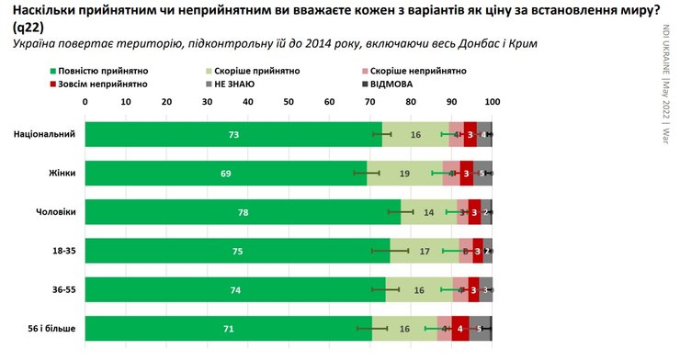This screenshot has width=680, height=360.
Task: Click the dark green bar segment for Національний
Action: coord(233,134)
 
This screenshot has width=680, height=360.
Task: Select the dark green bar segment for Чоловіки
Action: coord(243,212)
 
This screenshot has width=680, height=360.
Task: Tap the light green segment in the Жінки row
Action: coord(404,173)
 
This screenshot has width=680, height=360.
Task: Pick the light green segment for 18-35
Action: coord(424,251)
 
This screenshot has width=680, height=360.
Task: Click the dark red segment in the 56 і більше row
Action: coord(460,329)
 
